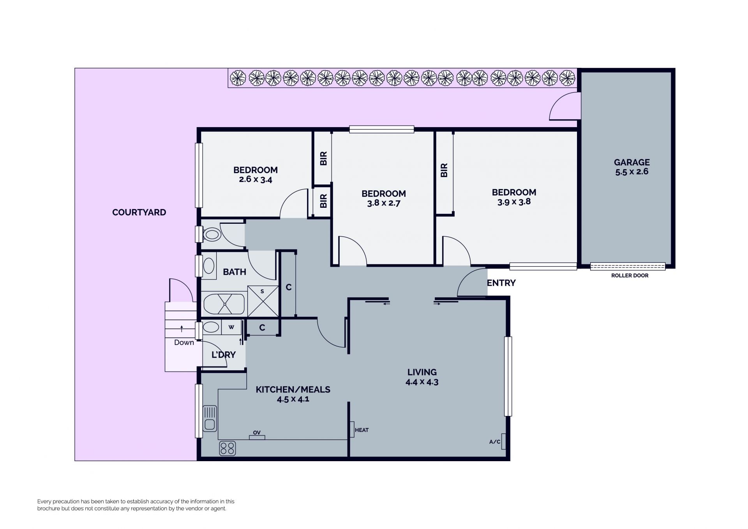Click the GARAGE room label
click(x=632, y=162)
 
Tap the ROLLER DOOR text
click(x=630, y=276)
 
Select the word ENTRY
click(x=501, y=283)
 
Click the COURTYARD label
click(x=139, y=212)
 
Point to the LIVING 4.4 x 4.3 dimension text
click(x=422, y=382)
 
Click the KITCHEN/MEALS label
click(x=293, y=389)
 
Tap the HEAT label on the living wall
click(x=362, y=430)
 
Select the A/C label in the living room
click(x=495, y=442)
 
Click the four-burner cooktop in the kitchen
click(x=228, y=448)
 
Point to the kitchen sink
click(x=210, y=418)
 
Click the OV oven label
click(x=257, y=433)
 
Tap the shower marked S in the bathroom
click(x=263, y=301)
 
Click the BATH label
click(x=235, y=272)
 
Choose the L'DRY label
click(x=224, y=355)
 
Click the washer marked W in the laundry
click(x=231, y=327)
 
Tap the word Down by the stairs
click(x=184, y=343)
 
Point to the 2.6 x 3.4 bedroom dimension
click(x=256, y=180)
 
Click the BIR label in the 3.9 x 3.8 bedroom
click(x=444, y=170)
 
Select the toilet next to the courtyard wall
click(x=212, y=235)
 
